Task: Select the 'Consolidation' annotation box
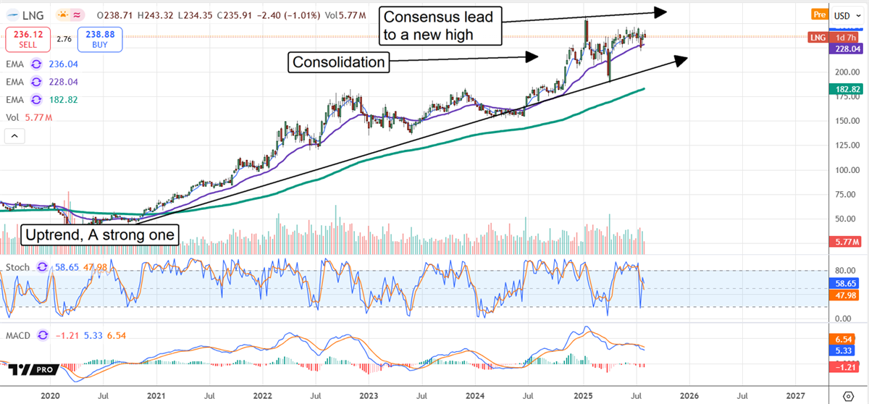pyautogui.click(x=338, y=62)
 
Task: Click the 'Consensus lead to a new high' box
pyautogui.click(x=440, y=26)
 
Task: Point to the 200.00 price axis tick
pyautogui.click(x=841, y=72)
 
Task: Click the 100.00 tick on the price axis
pyautogui.click(x=841, y=171)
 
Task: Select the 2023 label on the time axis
pyautogui.click(x=369, y=395)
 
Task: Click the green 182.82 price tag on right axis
pyautogui.click(x=846, y=88)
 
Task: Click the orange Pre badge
pyautogui.click(x=818, y=14)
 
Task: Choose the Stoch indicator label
pyautogui.click(x=18, y=267)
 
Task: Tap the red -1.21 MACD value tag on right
pyautogui.click(x=845, y=368)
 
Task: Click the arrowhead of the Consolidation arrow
pyautogui.click(x=534, y=56)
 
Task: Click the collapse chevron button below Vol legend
pyautogui.click(x=15, y=135)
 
